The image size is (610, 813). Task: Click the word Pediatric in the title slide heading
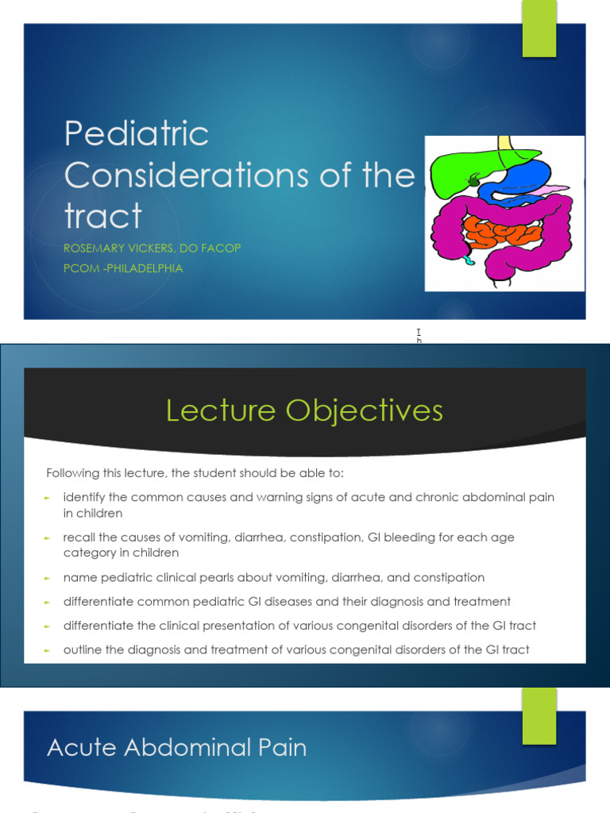(136, 134)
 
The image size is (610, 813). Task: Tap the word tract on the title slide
(102, 216)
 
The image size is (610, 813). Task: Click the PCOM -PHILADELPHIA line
(123, 268)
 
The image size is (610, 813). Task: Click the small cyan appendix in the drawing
(469, 258)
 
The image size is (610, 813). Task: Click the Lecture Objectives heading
(304, 410)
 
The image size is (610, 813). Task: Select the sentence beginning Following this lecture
(195, 473)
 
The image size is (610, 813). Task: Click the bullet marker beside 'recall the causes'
(47, 538)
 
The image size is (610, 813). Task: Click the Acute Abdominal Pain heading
(176, 747)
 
